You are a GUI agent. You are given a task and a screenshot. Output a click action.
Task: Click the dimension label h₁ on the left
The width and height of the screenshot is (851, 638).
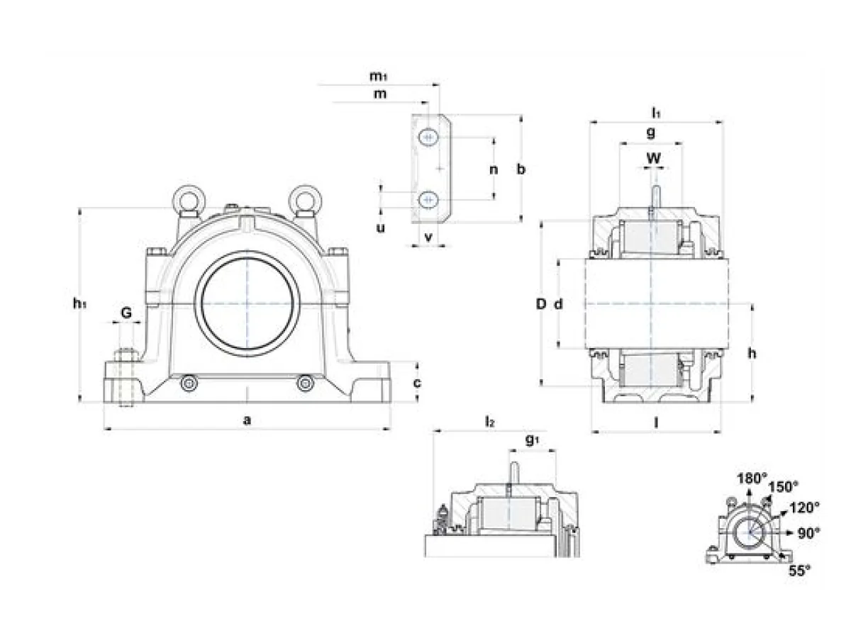[x=79, y=304]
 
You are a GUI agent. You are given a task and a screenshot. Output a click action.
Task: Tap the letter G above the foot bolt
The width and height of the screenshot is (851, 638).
[x=126, y=312]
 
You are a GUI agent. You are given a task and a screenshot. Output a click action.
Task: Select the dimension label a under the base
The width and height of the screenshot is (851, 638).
[x=247, y=420]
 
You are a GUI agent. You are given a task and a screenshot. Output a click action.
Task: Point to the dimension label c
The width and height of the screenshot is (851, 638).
[x=417, y=383]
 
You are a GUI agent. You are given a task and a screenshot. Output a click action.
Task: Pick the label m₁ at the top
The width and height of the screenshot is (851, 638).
[x=378, y=76]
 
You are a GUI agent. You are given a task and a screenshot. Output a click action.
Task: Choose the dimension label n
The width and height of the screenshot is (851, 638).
[x=494, y=169]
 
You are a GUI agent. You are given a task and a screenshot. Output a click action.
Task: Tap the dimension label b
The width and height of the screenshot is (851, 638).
[x=521, y=169]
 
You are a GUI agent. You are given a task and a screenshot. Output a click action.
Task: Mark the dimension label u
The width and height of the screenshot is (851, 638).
[x=381, y=228]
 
